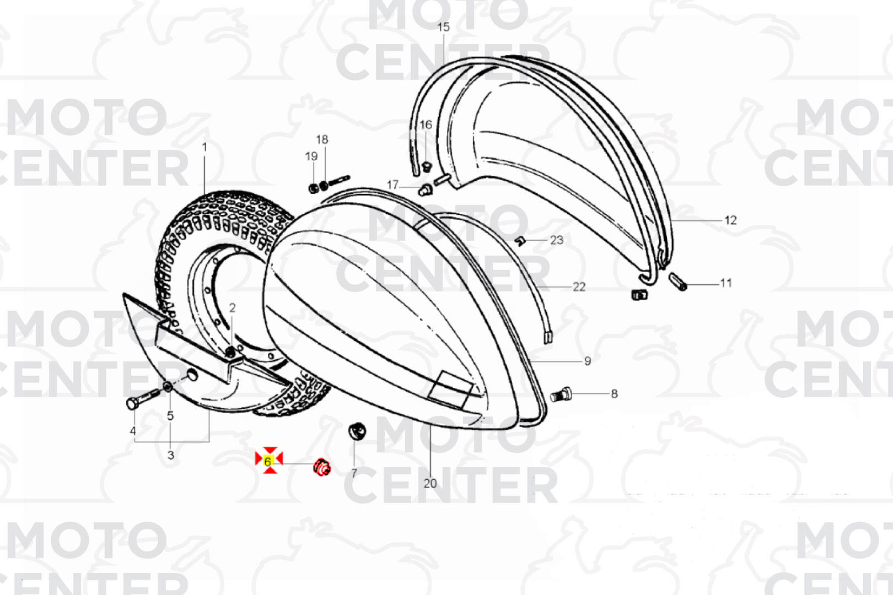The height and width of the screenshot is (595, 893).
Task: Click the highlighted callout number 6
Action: pyautogui.click(x=268, y=461)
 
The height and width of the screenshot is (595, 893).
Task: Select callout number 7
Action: pyautogui.click(x=354, y=473)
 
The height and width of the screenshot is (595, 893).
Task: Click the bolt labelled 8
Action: pyautogui.click(x=562, y=394)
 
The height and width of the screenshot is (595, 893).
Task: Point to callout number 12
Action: pyautogui.click(x=730, y=220)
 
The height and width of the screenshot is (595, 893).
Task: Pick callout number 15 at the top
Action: pyautogui.click(x=443, y=27)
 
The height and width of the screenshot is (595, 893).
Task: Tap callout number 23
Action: pyautogui.click(x=557, y=240)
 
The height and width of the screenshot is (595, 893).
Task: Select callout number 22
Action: pyautogui.click(x=579, y=287)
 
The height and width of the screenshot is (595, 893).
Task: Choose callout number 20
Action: pyautogui.click(x=430, y=483)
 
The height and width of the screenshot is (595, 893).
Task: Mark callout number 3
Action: pyautogui.click(x=171, y=455)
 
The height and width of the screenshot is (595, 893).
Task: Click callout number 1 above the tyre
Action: pyautogui.click(x=205, y=147)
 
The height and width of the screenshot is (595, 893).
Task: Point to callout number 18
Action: pyautogui.click(x=322, y=140)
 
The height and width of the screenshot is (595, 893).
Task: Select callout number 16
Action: pyautogui.click(x=426, y=125)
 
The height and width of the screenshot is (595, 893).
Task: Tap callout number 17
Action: pyautogui.click(x=392, y=185)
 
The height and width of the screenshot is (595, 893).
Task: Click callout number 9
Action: pyautogui.click(x=588, y=361)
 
